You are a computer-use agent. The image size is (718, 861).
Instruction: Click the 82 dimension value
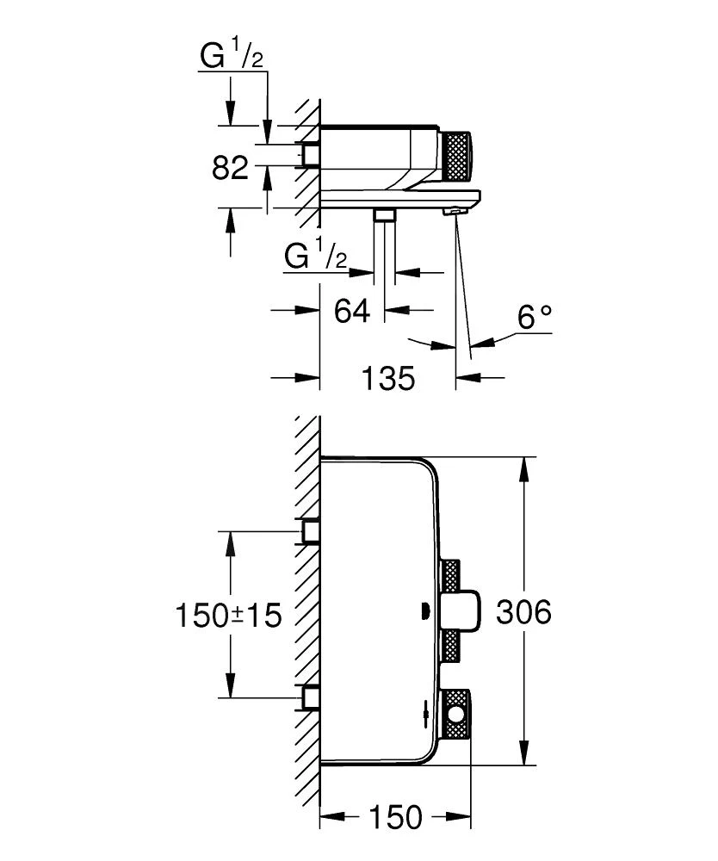coord(230,167)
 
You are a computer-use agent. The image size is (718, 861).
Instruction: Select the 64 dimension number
coord(352,310)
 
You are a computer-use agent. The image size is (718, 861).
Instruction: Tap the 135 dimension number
coord(387,377)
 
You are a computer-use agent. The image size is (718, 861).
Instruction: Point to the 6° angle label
coord(535,319)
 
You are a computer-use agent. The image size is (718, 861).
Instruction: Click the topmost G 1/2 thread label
coord(232,58)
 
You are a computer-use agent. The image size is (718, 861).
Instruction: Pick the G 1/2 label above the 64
coord(316,257)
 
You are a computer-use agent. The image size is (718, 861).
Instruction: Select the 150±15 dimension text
coord(229,616)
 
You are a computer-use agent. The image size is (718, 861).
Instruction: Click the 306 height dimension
coord(523,613)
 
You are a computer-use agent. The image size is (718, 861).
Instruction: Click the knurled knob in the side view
coord(455,156)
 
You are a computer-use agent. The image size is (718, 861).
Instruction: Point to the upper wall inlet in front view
coord(309,532)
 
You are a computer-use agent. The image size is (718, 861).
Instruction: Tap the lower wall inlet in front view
coord(309,697)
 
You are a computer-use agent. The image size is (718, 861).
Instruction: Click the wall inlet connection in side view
coord(308,155)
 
